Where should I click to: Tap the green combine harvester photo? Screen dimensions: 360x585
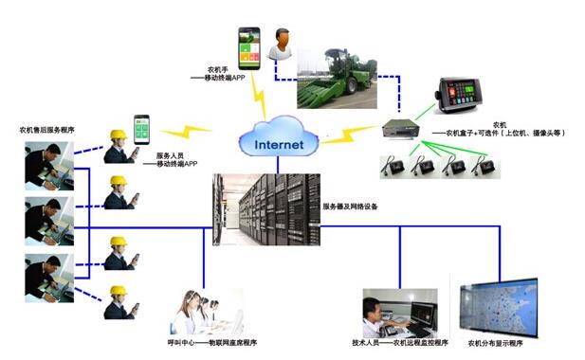click(339, 73)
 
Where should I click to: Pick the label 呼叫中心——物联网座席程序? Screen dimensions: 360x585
click(203, 342)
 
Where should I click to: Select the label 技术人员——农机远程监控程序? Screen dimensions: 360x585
click(393, 343)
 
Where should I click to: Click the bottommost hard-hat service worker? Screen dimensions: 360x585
click(118, 302)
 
